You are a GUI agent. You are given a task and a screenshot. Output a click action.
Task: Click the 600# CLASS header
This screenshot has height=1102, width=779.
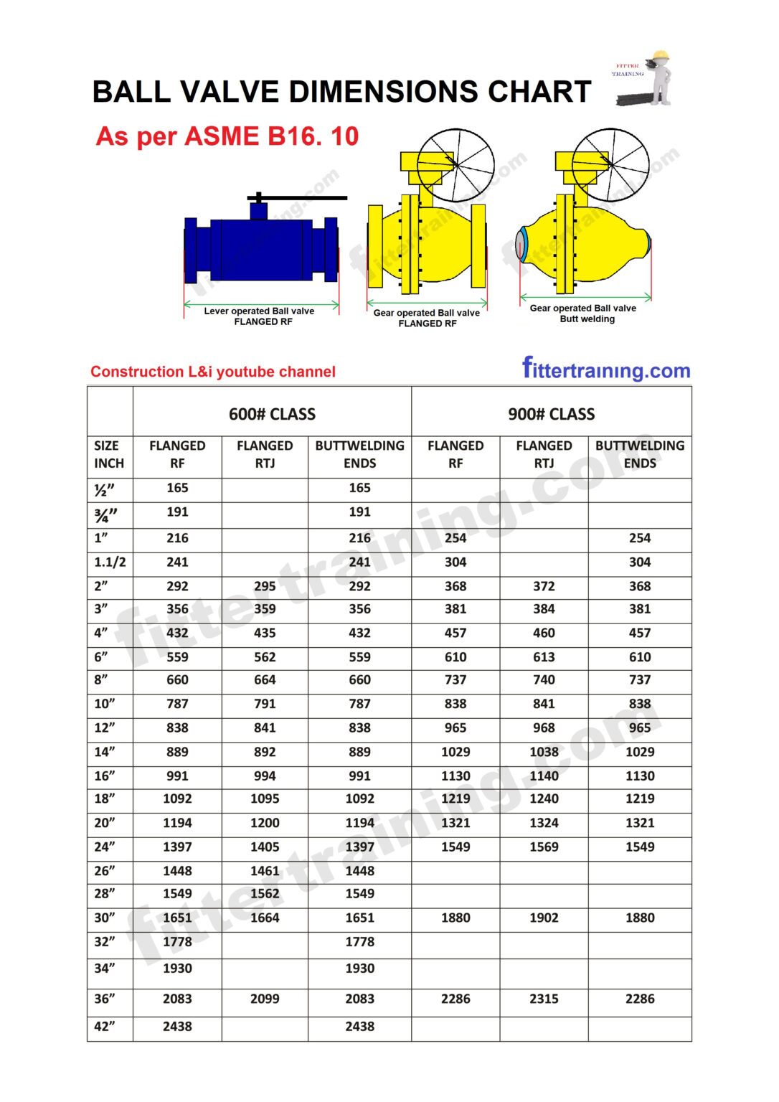[x=272, y=414]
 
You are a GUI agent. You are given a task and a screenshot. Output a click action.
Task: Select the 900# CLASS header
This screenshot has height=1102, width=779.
[x=551, y=414]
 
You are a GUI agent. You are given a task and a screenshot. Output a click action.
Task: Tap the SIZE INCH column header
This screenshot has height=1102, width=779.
[x=109, y=454]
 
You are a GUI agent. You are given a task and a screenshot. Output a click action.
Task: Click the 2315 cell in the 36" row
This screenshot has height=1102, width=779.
[x=544, y=999]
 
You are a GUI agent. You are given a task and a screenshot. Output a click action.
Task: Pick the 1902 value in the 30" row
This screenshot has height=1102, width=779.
[x=544, y=918]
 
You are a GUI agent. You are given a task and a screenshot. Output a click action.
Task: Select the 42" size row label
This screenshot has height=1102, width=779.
[x=105, y=1027]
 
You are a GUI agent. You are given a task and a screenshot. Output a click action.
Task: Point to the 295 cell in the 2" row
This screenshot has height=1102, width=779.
[x=265, y=586]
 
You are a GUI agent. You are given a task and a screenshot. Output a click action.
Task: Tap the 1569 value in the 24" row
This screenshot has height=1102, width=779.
[x=544, y=847]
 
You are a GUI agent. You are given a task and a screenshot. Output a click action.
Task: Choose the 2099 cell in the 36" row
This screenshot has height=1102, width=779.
[x=265, y=999]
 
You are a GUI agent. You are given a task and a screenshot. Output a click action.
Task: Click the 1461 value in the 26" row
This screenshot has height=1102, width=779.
[x=265, y=871]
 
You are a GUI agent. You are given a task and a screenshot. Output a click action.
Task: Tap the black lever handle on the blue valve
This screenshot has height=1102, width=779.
[x=297, y=197]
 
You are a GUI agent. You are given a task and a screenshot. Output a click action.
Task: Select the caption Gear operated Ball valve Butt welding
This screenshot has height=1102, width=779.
[x=583, y=314]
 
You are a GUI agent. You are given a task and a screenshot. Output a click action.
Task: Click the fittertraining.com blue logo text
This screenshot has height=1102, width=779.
[x=606, y=369]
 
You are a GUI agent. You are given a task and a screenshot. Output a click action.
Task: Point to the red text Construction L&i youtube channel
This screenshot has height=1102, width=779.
[x=213, y=372]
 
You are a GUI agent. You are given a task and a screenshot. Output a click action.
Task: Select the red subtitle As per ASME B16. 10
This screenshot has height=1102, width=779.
[x=227, y=136]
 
